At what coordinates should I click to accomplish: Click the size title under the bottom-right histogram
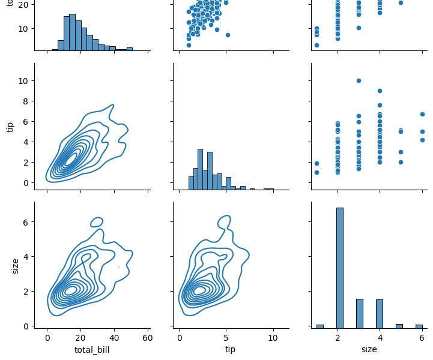pos(369,349)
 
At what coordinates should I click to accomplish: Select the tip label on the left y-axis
pos(10,127)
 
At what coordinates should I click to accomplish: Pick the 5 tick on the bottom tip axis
pos(226,338)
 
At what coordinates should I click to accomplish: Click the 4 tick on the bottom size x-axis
pos(378,338)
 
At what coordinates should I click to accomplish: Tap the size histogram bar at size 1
pos(319,326)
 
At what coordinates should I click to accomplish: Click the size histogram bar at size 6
pos(419,326)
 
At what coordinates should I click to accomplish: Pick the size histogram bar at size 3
pos(359,313)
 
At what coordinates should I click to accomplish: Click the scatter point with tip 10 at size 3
pos(359,80)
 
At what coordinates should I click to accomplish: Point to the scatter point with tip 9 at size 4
pos(379,91)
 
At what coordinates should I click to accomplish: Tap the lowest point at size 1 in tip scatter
pos(316,172)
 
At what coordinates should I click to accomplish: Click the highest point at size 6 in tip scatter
pos(422,114)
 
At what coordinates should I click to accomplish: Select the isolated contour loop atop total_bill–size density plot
pos(96,222)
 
